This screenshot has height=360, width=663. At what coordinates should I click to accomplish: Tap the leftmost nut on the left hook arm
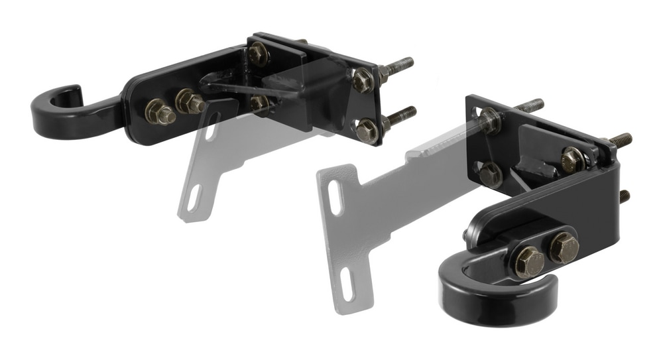(159, 111)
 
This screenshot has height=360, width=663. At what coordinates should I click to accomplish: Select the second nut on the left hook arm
(189, 101)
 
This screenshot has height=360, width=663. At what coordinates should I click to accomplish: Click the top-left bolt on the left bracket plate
(257, 54)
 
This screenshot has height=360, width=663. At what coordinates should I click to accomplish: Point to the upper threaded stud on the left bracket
(398, 66)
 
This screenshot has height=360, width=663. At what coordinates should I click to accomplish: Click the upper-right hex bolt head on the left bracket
(363, 80)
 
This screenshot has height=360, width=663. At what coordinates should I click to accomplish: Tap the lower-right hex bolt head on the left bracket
(367, 129)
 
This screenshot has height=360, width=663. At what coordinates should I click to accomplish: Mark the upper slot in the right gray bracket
(335, 198)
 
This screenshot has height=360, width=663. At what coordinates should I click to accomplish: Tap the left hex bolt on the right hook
(530, 261)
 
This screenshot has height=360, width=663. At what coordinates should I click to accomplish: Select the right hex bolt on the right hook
(563, 247)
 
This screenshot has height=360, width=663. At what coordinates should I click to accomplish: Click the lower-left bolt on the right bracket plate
(491, 174)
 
